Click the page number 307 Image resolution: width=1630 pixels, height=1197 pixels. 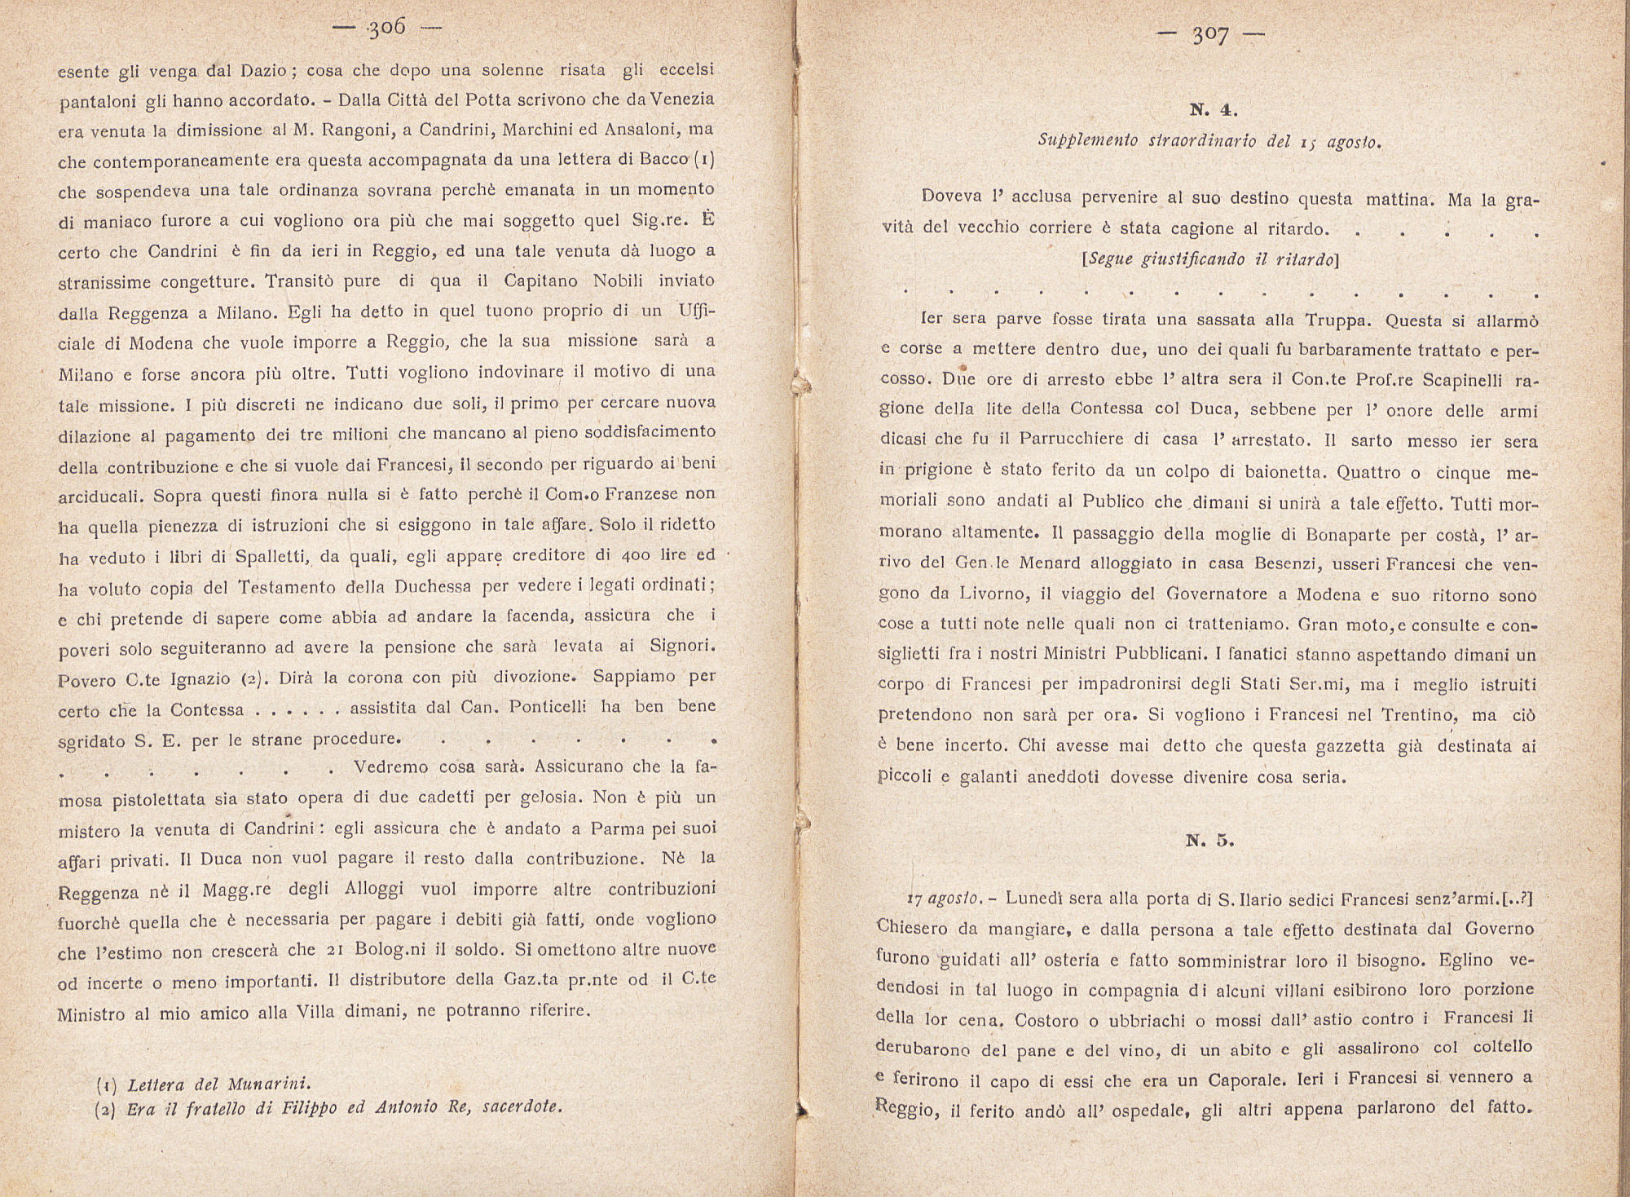[1210, 35]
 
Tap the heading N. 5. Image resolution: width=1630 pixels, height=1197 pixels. [1209, 841]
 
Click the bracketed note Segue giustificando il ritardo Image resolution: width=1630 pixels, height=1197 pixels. [1209, 259]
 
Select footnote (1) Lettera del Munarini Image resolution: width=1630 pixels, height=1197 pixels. [203, 1084]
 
